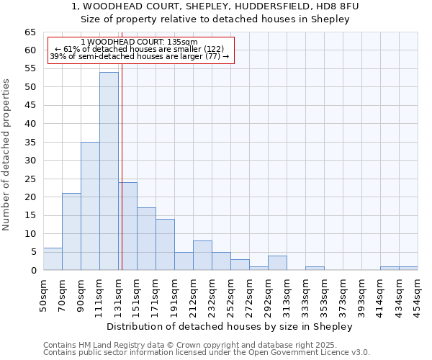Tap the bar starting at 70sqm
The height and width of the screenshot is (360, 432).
click(71, 232)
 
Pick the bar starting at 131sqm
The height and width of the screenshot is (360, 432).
click(127, 226)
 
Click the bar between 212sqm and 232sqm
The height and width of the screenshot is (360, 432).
click(202, 256)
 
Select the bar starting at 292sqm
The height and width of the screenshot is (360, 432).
click(277, 263)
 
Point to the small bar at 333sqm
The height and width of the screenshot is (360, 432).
click(315, 268)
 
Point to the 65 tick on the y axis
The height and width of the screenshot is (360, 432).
click(30, 32)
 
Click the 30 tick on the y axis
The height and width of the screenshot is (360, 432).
click(30, 161)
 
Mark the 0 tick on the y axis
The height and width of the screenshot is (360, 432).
click(33, 270)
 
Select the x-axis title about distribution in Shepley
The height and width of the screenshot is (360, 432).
click(230, 326)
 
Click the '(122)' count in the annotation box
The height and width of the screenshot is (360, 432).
click(214, 49)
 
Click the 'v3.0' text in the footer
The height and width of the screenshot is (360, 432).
click(361, 352)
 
